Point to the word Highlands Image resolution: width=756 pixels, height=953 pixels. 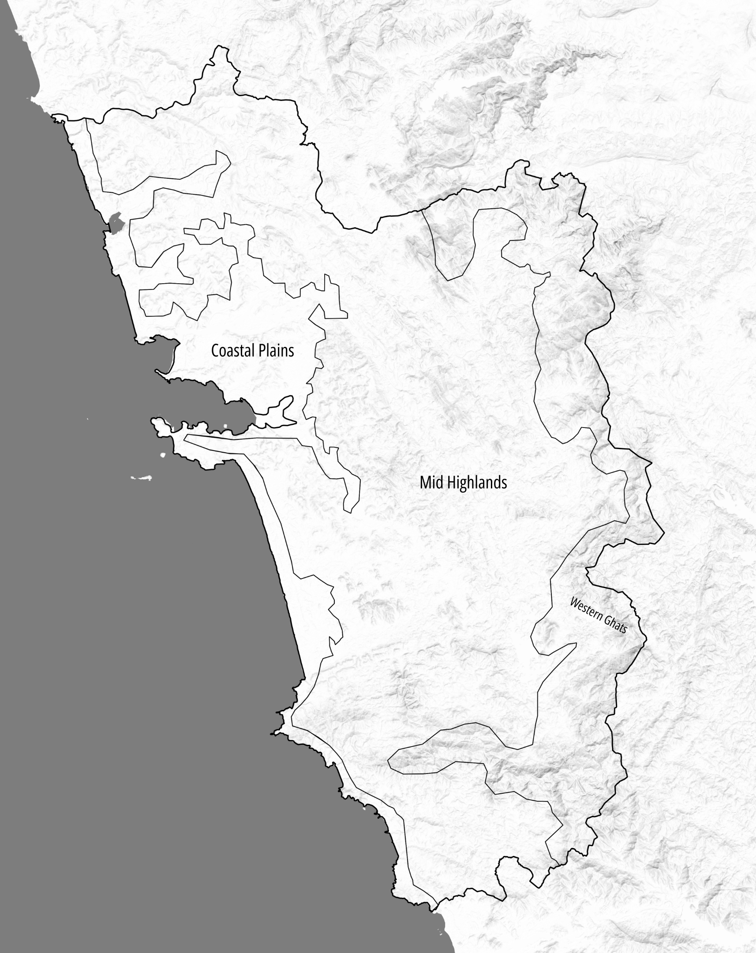(x=477, y=482)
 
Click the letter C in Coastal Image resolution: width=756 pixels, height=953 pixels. (x=215, y=350)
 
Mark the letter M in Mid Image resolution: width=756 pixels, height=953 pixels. (x=425, y=482)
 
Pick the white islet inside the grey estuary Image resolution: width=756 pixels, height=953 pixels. (x=225, y=426)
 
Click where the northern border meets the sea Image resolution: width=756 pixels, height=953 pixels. (x=54, y=116)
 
